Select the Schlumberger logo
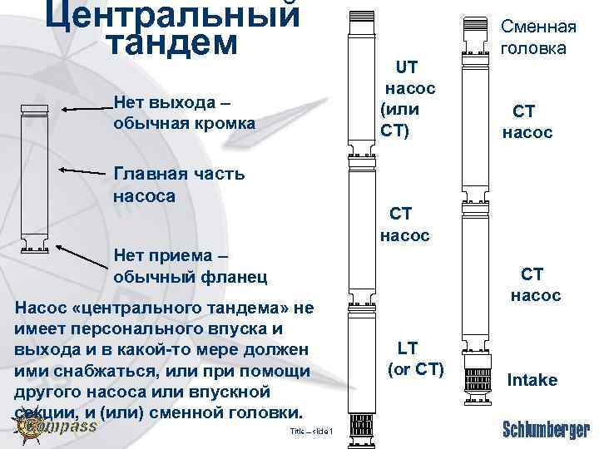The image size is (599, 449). [546, 429]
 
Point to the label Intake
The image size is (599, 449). [532, 380]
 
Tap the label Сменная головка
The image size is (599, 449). [533, 37]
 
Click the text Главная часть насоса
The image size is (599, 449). [178, 184]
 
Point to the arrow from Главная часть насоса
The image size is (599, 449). [84, 171]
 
